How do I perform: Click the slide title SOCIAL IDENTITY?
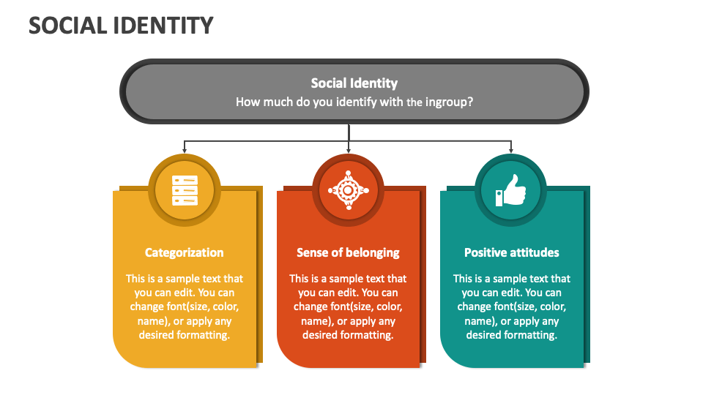(x=121, y=26)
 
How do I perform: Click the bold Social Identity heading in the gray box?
(x=354, y=83)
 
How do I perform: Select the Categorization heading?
(x=184, y=252)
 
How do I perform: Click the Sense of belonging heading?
(x=348, y=252)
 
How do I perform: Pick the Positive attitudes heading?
(x=511, y=252)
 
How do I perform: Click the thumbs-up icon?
(x=510, y=190)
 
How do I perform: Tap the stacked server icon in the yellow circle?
(x=185, y=190)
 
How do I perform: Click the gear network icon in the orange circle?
(x=348, y=190)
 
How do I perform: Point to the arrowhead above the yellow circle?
(x=185, y=150)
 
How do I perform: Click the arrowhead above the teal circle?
(x=511, y=150)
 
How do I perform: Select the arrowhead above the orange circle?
(x=349, y=150)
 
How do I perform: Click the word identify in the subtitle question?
(x=357, y=102)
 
